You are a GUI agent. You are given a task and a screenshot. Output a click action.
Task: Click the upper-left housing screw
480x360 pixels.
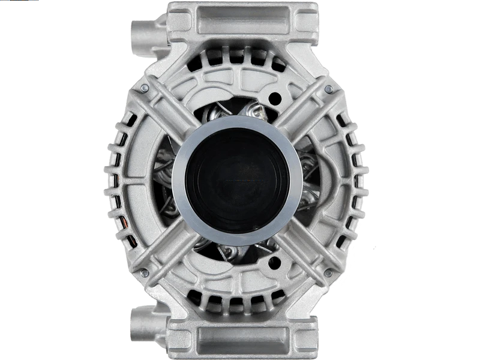tap(145, 89)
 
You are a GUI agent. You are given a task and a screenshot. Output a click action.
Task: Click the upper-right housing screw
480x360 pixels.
tap(329, 89)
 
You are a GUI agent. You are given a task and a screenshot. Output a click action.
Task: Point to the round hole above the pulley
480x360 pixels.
tap(277, 97)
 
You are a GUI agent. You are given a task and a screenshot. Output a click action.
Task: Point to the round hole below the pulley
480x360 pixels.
tap(277, 262)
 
